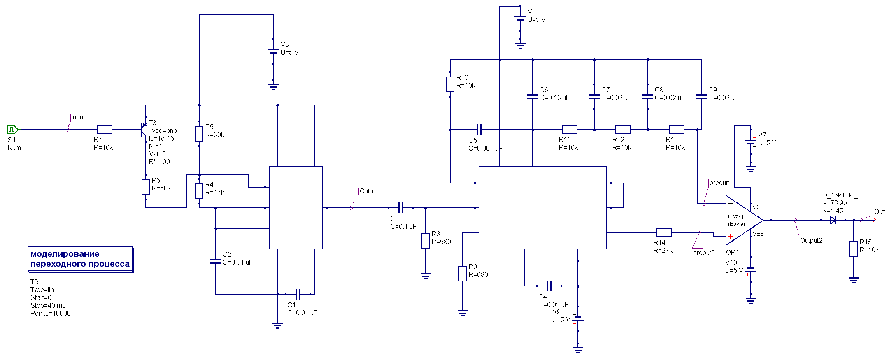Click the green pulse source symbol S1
coord(12,130)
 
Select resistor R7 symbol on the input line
coord(104,130)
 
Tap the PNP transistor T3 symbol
coord(143,129)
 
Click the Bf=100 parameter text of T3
coord(159,162)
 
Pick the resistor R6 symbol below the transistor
coord(146,187)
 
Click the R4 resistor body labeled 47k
coord(199,191)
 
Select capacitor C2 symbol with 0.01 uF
coord(216,261)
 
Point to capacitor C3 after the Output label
coord(401,208)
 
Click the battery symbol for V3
coord(273,52)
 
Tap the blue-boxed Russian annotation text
coord(80,259)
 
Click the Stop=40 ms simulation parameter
coord(48,305)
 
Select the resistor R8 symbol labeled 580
coord(426,241)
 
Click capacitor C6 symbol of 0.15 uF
coord(533,97)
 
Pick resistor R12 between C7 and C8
coord(623,130)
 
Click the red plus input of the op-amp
coord(730,237)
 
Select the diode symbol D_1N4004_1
coord(833,220)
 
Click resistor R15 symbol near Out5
coord(854,249)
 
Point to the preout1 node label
coord(720,183)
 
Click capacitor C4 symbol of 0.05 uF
coord(549,286)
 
